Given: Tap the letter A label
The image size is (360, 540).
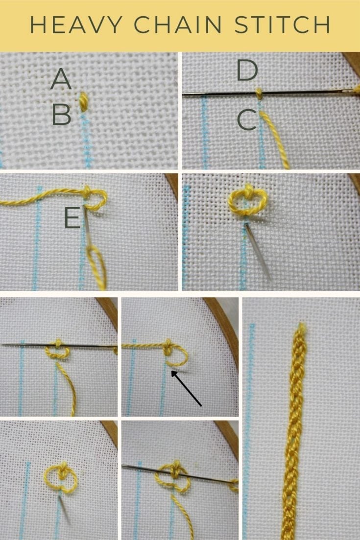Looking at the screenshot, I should [x=61, y=79].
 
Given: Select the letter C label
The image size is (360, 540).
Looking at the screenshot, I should [x=246, y=120].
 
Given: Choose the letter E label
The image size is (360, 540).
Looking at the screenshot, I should [x=72, y=219].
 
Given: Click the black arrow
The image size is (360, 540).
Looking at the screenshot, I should [x=186, y=389].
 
